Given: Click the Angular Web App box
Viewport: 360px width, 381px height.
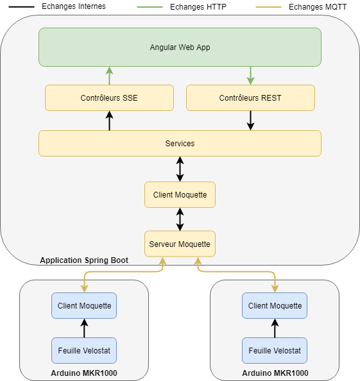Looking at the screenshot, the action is point(180,47).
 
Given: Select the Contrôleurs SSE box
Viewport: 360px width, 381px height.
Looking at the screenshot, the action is point(109,97).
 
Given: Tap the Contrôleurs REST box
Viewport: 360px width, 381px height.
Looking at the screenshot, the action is point(250,97).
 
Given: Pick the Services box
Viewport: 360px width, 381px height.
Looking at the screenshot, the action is point(180,144).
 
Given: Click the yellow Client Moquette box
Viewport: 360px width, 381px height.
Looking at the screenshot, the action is point(180,194).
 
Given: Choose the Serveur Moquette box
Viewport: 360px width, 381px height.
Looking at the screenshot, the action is point(180,244).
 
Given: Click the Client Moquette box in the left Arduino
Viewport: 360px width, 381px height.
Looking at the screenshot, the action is point(84,306).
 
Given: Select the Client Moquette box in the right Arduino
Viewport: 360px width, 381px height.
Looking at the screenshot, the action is point(275,306).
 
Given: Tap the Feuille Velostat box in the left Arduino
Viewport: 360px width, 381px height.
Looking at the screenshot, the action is point(84,350).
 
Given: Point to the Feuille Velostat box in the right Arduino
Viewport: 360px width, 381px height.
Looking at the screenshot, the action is point(275,350).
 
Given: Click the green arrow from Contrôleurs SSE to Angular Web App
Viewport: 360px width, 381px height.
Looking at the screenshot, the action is point(109,76).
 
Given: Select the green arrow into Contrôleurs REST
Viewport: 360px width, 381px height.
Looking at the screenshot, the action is point(251,76).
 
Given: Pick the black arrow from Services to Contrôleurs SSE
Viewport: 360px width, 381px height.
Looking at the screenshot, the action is point(109,121).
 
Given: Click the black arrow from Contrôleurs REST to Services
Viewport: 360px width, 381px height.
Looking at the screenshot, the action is point(251,121).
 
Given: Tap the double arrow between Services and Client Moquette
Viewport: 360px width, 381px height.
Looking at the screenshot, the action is point(180,169).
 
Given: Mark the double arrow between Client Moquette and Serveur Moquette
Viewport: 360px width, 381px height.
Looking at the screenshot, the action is point(180,219).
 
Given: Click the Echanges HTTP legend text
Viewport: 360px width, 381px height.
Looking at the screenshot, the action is point(198,7).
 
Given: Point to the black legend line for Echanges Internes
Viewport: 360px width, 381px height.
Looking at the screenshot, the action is point(21,7).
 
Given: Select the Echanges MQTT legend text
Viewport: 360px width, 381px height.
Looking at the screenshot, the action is point(318,7).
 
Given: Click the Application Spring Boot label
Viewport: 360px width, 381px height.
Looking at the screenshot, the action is point(84,260).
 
